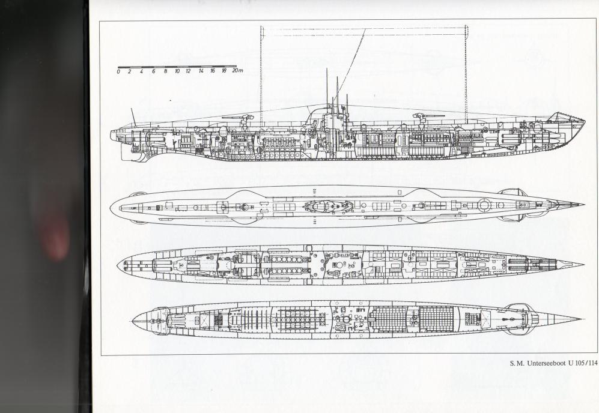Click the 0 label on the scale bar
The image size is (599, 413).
coord(119,71)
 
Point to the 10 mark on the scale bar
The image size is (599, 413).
coord(177,71)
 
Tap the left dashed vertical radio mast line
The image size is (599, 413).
coord(261,72)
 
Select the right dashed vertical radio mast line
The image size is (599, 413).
coord(466,72)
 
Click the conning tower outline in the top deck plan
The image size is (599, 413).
coord(328,206)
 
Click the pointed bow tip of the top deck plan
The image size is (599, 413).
coord(582,205)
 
